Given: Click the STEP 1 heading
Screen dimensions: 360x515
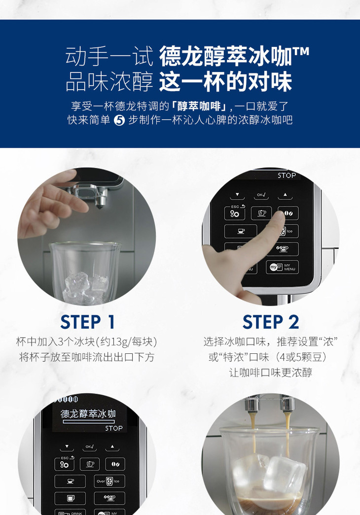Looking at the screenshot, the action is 87,322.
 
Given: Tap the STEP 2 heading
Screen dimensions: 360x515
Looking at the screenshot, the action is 271,322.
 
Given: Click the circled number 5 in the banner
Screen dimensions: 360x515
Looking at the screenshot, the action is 119,120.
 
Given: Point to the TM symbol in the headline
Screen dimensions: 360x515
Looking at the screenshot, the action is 301,52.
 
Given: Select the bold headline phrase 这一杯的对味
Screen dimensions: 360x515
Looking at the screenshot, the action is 225,82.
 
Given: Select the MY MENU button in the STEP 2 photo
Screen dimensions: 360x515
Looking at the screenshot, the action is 283,267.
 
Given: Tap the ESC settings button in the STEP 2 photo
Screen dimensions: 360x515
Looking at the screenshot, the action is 234,212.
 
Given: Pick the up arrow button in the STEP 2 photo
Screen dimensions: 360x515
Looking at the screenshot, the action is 285,195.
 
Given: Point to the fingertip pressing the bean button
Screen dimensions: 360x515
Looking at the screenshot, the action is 279,217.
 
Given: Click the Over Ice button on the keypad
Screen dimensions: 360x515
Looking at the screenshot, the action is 109,481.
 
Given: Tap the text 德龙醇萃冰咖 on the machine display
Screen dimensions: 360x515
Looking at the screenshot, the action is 88,414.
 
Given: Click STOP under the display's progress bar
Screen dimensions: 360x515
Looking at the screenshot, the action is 114,428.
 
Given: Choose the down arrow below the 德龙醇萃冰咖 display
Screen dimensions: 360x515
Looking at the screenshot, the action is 67,446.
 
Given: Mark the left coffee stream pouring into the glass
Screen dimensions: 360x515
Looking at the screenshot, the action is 253,434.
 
